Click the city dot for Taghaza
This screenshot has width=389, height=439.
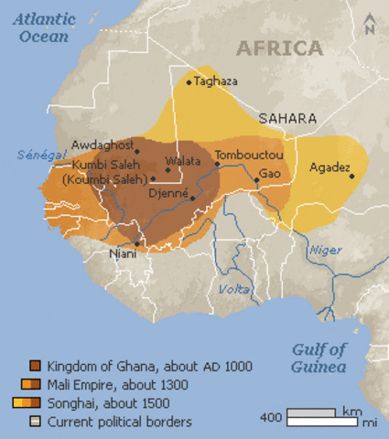[189, 82]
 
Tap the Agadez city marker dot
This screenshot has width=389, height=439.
[351, 176]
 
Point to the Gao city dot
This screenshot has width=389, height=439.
[256, 180]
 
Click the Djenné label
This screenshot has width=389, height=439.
[168, 194]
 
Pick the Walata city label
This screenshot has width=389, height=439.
[183, 161]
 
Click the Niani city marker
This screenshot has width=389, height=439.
[136, 244]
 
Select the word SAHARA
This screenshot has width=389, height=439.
[287, 119]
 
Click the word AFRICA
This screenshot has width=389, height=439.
[279, 48]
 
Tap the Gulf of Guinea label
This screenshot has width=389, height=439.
[319, 358]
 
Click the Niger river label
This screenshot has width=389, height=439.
[326, 250]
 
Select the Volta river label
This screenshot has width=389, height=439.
[234, 290]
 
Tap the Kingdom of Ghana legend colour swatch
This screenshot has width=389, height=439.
[36, 366]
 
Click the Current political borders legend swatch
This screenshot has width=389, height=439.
[36, 422]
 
